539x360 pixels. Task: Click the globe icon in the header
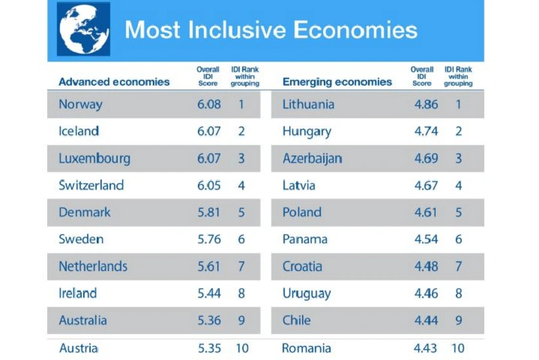[x=83, y=30]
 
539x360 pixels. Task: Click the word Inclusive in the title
[x=236, y=30]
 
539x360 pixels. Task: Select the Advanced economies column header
[x=114, y=82]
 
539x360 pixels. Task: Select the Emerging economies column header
[x=337, y=82]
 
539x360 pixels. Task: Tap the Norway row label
[x=80, y=104]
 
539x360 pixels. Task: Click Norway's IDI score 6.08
[x=209, y=104]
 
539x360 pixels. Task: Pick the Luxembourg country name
[x=94, y=158]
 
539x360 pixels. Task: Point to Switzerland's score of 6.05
[x=209, y=185]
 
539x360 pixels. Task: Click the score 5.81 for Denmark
[x=209, y=212]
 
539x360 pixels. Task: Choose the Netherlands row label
[x=93, y=266]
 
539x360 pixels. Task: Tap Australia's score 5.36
[x=209, y=321]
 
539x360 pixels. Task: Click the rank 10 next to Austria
[x=242, y=348]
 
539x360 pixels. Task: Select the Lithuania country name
[x=308, y=104]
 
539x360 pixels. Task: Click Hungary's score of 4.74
[x=426, y=131]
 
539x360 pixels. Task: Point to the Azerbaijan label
[x=312, y=158]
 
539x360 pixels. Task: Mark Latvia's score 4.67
[x=426, y=185]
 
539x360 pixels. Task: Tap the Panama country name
[x=305, y=239]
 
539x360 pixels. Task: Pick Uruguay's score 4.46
[x=426, y=293]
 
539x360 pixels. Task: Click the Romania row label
[x=306, y=348]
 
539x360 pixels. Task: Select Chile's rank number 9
[x=459, y=321]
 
